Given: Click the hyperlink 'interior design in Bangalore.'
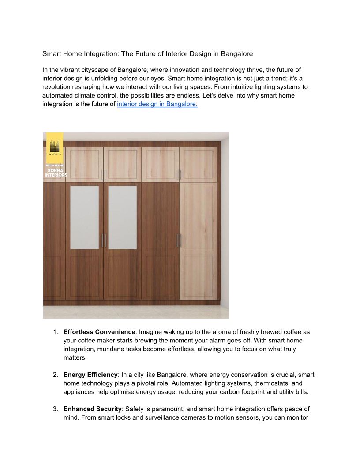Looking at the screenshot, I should (157, 105).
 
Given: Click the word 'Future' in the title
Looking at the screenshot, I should (146, 54).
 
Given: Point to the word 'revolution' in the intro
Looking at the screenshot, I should (58, 87).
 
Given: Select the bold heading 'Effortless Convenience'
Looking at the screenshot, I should (99, 332).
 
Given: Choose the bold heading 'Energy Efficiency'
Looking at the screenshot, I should (90, 375).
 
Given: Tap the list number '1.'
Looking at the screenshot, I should (56, 332).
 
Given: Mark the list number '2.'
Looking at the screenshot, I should (56, 375).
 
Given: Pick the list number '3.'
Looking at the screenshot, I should (56, 409).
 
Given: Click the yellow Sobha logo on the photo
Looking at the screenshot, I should (55, 148).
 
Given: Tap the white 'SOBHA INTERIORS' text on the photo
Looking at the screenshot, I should (56, 173).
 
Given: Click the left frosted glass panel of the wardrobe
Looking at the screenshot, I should (84, 218).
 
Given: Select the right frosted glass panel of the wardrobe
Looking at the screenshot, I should (122, 218).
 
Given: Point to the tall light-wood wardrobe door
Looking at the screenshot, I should (199, 241).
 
